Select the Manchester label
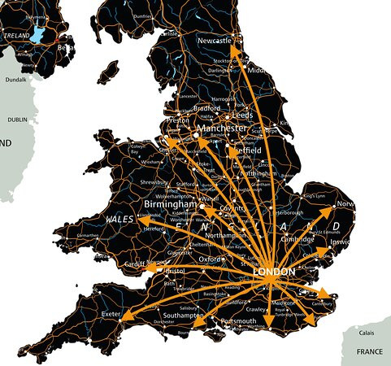pyautogui.click(x=219, y=129)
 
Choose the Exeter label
pyautogui.click(x=111, y=312)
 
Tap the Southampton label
pyautogui.click(x=188, y=316)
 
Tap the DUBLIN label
pyautogui.click(x=17, y=119)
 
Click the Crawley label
pyautogui.click(x=256, y=309)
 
